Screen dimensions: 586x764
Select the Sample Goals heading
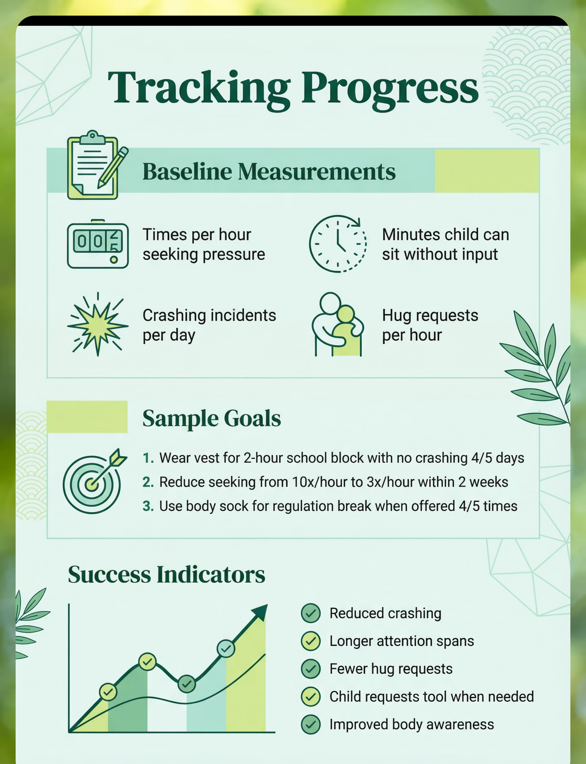[212, 418]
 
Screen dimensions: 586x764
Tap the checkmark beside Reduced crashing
[311, 613]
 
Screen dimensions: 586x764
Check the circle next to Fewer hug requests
[311, 669]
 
